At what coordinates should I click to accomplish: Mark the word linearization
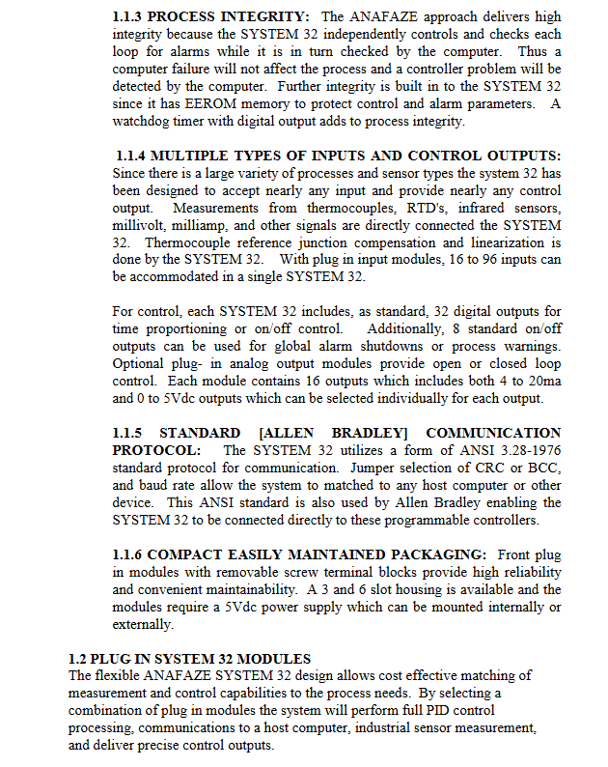(504, 243)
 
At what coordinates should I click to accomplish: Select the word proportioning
(179, 328)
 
